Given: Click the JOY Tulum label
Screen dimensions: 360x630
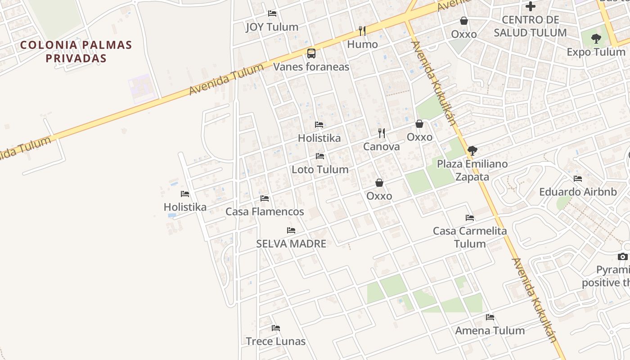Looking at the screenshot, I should pyautogui.click(x=272, y=27).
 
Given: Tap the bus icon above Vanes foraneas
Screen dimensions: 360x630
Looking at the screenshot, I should pyautogui.click(x=311, y=54).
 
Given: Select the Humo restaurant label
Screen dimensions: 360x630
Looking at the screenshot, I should pyautogui.click(x=362, y=44).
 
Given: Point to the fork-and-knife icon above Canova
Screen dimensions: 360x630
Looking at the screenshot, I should pyautogui.click(x=382, y=133).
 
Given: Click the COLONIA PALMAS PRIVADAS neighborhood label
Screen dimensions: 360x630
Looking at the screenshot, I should pyautogui.click(x=76, y=51).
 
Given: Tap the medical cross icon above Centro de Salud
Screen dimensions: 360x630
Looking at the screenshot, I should pyautogui.click(x=531, y=6).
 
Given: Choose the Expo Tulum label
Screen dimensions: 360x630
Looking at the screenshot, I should pyautogui.click(x=596, y=52).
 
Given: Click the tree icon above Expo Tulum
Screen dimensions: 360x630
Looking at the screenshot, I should pyautogui.click(x=596, y=39).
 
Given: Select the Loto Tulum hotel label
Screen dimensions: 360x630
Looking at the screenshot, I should pyautogui.click(x=320, y=170).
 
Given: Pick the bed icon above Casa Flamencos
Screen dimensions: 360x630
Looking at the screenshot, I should pyautogui.click(x=265, y=198).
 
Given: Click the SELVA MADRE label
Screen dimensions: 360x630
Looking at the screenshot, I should pyautogui.click(x=291, y=244).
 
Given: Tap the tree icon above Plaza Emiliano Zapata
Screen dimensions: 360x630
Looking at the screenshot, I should pyautogui.click(x=472, y=150).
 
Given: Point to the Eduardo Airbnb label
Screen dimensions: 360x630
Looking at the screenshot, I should pyautogui.click(x=578, y=192).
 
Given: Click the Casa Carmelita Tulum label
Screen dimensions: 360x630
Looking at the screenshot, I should pyautogui.click(x=470, y=237).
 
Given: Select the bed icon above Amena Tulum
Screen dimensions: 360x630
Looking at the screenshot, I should pyautogui.click(x=490, y=317).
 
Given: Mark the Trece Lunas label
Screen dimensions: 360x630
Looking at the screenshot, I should pyautogui.click(x=275, y=342).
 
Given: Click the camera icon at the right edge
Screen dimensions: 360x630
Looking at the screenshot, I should pyautogui.click(x=623, y=256).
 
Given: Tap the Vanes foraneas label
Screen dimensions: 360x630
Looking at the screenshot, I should pyautogui.click(x=311, y=67).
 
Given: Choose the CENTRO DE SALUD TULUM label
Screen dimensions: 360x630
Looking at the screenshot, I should pyautogui.click(x=530, y=26).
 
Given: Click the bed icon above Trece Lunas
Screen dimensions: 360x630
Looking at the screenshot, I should pyautogui.click(x=276, y=328).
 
